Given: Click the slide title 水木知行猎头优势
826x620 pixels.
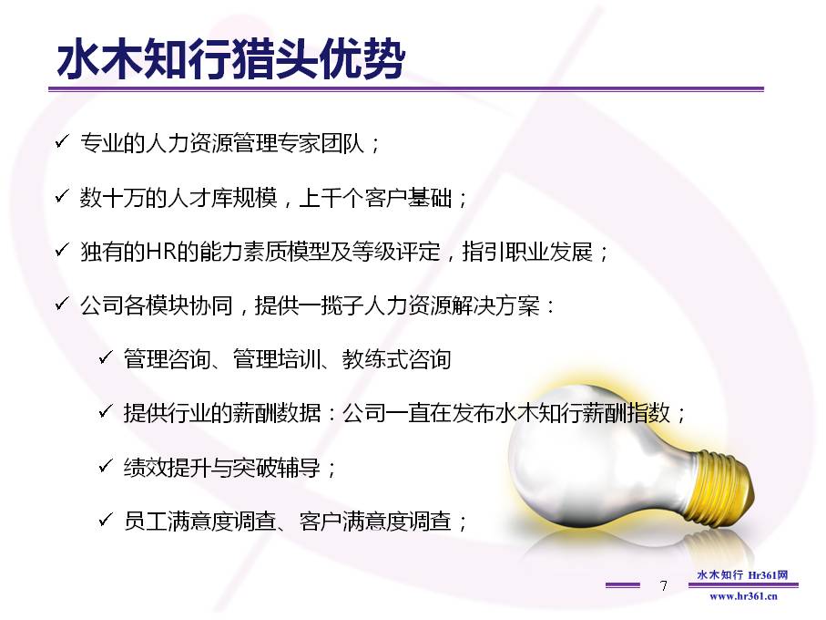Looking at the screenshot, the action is click(x=230, y=58).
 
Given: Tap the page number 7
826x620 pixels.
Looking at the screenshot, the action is click(x=663, y=585).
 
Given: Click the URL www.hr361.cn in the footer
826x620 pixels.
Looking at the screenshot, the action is click(x=743, y=596).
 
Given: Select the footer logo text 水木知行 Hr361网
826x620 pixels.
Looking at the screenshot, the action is click(x=742, y=574).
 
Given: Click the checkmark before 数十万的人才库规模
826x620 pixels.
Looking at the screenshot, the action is click(x=62, y=196).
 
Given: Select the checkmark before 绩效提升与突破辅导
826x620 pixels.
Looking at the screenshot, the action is click(x=106, y=466).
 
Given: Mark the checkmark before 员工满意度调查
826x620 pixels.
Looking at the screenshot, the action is click(x=106, y=520).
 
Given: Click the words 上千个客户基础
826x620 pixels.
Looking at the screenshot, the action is click(x=375, y=198).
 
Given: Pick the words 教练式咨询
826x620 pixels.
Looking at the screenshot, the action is click(x=397, y=359).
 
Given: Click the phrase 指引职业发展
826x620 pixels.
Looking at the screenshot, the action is click(x=527, y=252).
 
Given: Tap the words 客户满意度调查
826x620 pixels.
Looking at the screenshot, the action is click(x=375, y=521).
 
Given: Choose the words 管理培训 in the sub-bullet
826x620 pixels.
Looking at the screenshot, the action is click(x=277, y=359).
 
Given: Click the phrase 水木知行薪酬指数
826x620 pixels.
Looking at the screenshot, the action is click(x=583, y=413).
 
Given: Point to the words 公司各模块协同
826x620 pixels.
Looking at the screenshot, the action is click(x=157, y=305).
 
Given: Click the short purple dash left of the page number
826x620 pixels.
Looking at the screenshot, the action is click(x=623, y=584).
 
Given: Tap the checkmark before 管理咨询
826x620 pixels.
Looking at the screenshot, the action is click(x=106, y=357).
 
